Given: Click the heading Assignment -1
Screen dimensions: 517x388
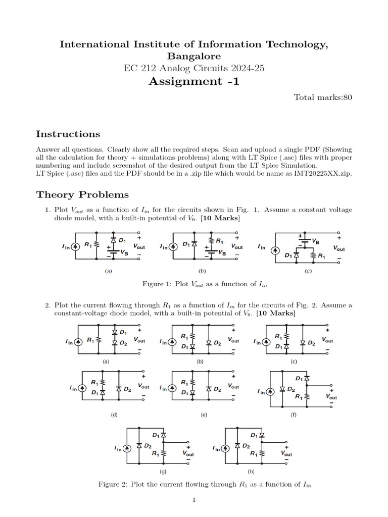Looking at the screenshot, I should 193,81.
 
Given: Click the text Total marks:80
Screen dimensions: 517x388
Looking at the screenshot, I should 323,97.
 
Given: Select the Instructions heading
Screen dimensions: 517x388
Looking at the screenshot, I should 68,134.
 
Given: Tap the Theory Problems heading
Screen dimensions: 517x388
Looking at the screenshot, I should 82,194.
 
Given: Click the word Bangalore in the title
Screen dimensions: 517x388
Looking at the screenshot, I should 193,56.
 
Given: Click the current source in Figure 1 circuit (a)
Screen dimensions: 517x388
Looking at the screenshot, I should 75,246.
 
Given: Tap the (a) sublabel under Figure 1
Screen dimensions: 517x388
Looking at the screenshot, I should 108,271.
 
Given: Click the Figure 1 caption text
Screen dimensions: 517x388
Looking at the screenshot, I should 205,284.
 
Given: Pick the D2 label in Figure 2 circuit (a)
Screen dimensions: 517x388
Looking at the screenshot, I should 123,343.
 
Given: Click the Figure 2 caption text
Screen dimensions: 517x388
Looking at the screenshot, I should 205,484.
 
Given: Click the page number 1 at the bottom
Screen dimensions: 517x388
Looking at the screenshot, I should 193,500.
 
